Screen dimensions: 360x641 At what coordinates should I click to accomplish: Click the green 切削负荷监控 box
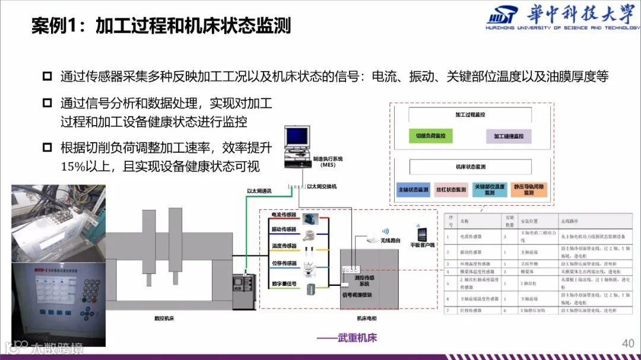pyautogui.click(x=431, y=136)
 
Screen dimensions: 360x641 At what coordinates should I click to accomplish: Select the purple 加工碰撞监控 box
pyautogui.click(x=509, y=136)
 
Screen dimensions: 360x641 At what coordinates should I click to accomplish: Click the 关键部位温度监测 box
pyautogui.click(x=489, y=189)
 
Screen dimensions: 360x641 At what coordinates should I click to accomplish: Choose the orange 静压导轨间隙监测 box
pyautogui.click(x=528, y=189)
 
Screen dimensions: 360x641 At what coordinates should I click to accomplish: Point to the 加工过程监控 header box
pyautogui.click(x=469, y=114)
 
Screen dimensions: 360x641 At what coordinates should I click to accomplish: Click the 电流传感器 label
pyautogui.click(x=284, y=214)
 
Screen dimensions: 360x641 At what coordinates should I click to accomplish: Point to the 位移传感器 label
pyautogui.click(x=284, y=263)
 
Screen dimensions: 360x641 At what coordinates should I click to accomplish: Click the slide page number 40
pyautogui.click(x=628, y=343)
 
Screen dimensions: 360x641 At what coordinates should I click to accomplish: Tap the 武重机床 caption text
pyautogui.click(x=354, y=338)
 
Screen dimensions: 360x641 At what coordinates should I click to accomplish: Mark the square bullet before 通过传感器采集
pyautogui.click(x=47, y=76)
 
